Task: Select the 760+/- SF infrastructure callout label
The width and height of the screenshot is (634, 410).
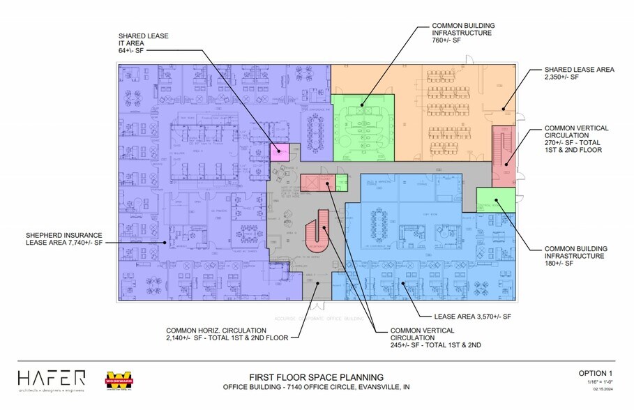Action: (462, 33)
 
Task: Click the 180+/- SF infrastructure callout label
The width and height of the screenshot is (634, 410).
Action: (576, 256)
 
